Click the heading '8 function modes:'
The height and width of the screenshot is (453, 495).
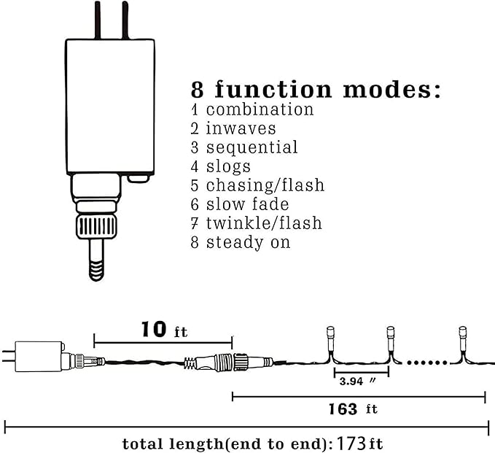316,90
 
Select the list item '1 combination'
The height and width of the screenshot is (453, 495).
252,110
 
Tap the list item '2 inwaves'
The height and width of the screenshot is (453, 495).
233,129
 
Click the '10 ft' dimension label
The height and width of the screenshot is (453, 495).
163,330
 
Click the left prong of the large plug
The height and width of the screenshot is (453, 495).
98,20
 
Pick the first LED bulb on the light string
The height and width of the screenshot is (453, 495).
329,337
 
